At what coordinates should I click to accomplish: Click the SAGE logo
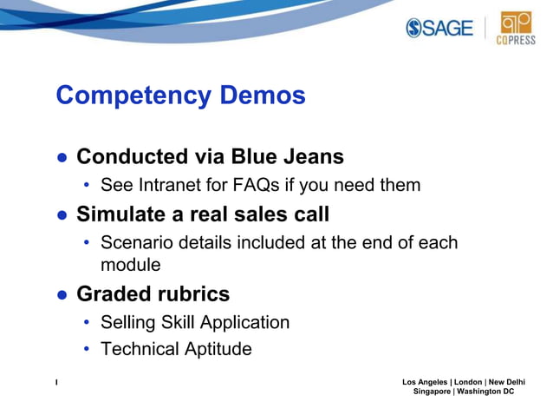pyautogui.click(x=439, y=28)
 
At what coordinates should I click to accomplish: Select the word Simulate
pyautogui.click(x=122, y=214)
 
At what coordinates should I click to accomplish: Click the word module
pyautogui.click(x=131, y=264)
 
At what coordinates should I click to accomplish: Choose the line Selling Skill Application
pyautogui.click(x=195, y=323)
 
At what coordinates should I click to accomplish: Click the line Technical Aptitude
pyautogui.click(x=176, y=349)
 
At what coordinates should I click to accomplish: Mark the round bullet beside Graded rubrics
pyautogui.click(x=62, y=294)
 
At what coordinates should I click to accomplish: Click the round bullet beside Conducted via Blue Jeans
pyautogui.click(x=62, y=158)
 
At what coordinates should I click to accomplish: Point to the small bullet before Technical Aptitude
pyautogui.click(x=87, y=350)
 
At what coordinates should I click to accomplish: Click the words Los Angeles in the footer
pyautogui.click(x=426, y=382)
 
